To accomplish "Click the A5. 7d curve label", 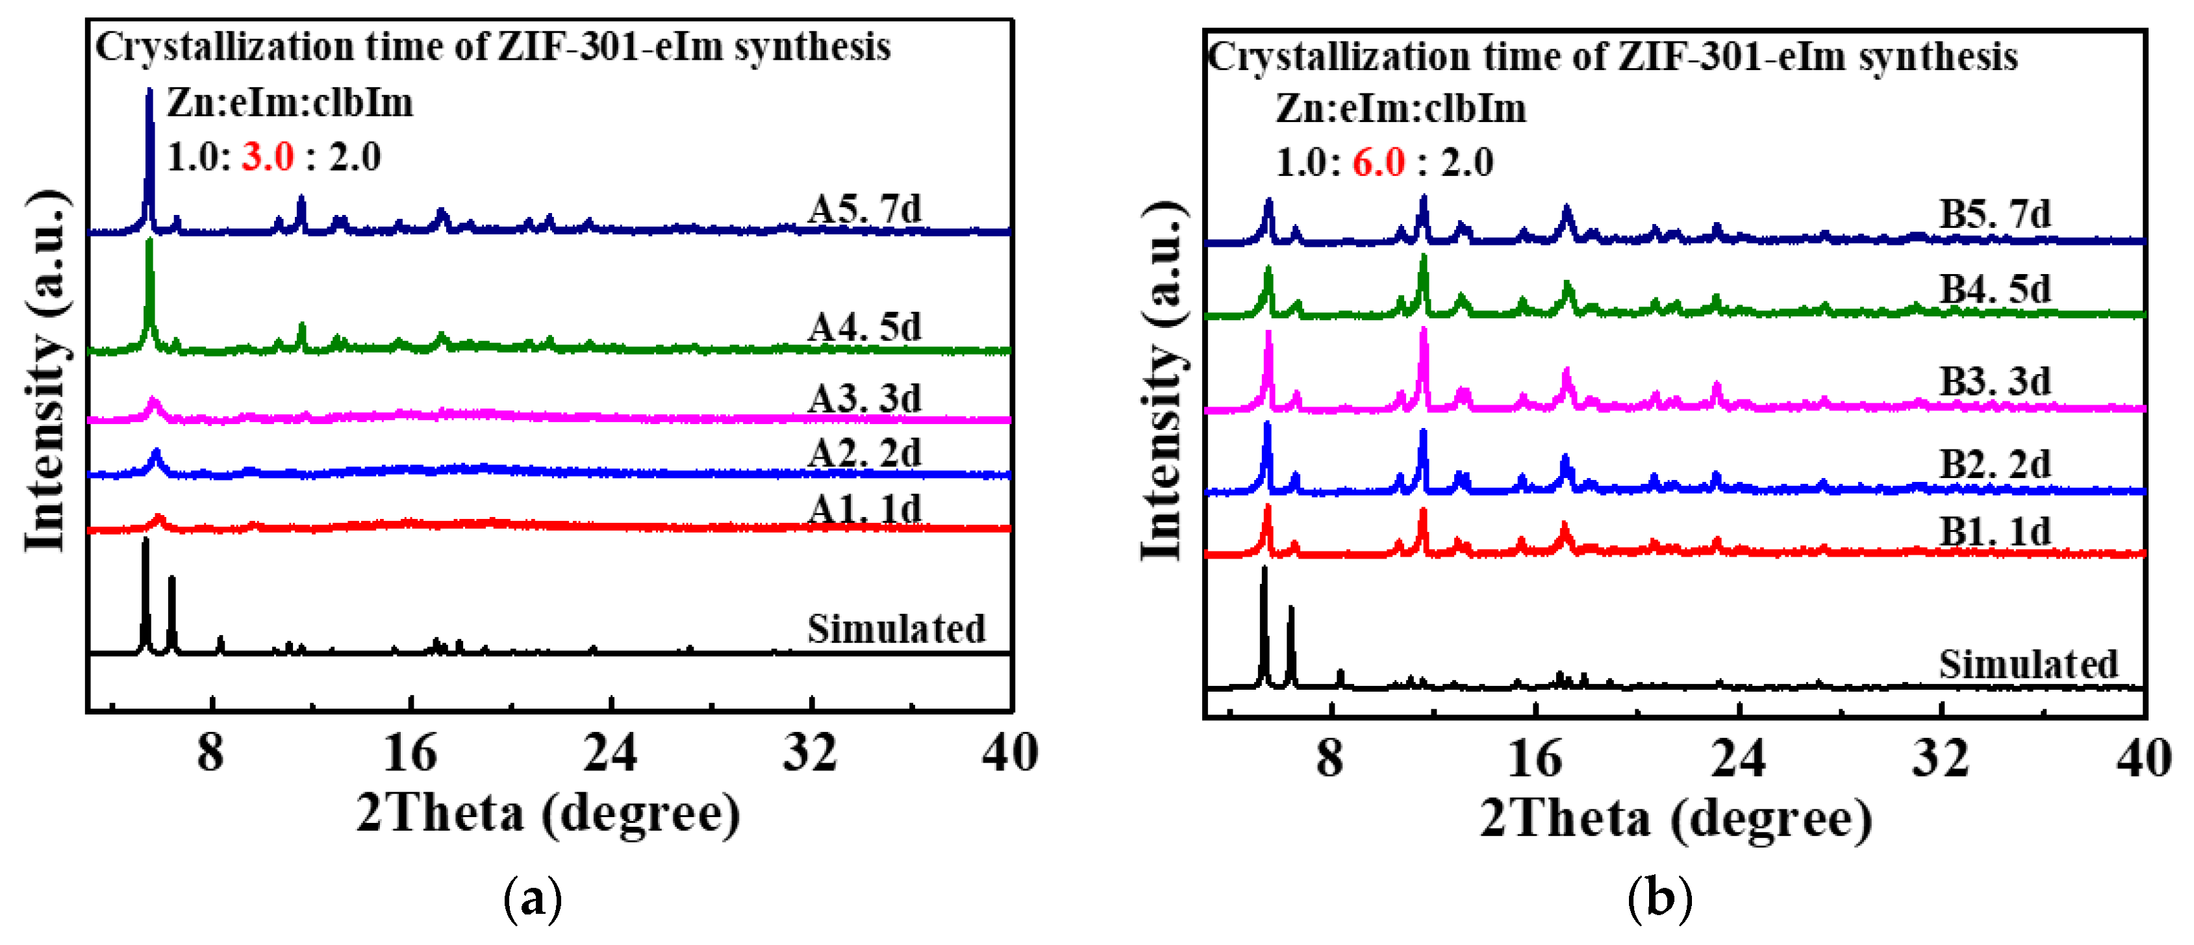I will pos(864,209).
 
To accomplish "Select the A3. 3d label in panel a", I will pos(864,398).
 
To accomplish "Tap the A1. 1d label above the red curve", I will pos(864,509).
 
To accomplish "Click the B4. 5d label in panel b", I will pos(1995,290).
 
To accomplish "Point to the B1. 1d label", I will pos(1995,532).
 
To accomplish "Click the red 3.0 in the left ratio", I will pos(268,157).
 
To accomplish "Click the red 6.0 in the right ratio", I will pos(1378,162).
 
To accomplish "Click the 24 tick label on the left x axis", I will pos(610,753).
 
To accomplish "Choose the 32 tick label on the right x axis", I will pos(1940,758).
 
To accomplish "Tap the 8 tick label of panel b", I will pos(1330,758).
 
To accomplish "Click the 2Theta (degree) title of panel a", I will pos(548,813).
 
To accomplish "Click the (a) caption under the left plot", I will pos(533,898).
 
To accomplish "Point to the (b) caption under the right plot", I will pos(1659,898).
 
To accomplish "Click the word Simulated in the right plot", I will pos(2028,664).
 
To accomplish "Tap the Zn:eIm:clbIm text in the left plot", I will pos(290,104).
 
